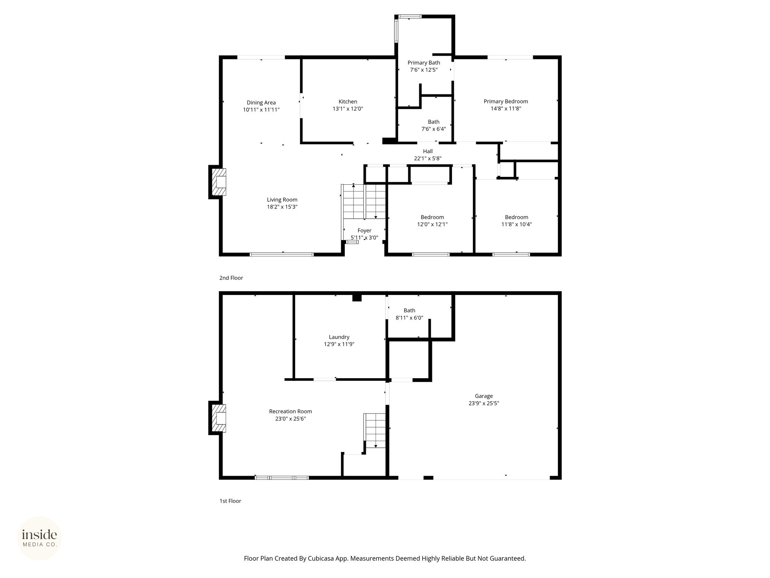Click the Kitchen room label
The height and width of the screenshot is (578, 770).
pos(348,102)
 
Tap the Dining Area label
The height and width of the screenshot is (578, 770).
pos(261,103)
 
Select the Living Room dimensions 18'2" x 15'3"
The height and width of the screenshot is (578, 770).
pos(282,207)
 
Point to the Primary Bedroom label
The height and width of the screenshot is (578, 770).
pos(506,102)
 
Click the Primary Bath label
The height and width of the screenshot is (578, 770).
pos(424,63)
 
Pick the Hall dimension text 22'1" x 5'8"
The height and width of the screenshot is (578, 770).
pos(427,158)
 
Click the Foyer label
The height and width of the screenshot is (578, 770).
pos(364,231)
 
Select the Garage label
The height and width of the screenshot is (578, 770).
pos(484,396)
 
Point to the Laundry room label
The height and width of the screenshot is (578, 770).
pos(339,337)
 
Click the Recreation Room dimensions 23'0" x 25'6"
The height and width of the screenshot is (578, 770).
pos(291,419)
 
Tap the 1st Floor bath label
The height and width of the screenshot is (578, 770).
pos(409,310)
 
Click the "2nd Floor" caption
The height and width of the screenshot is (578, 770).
pos(231,278)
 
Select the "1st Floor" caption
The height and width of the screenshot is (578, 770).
pos(230,501)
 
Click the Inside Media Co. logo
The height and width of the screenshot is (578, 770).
pos(39,538)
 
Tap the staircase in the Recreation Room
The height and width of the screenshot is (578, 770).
pos(375,431)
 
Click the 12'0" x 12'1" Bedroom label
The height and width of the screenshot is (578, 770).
pos(432,218)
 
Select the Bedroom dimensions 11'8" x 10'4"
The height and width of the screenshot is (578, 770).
pos(517,225)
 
